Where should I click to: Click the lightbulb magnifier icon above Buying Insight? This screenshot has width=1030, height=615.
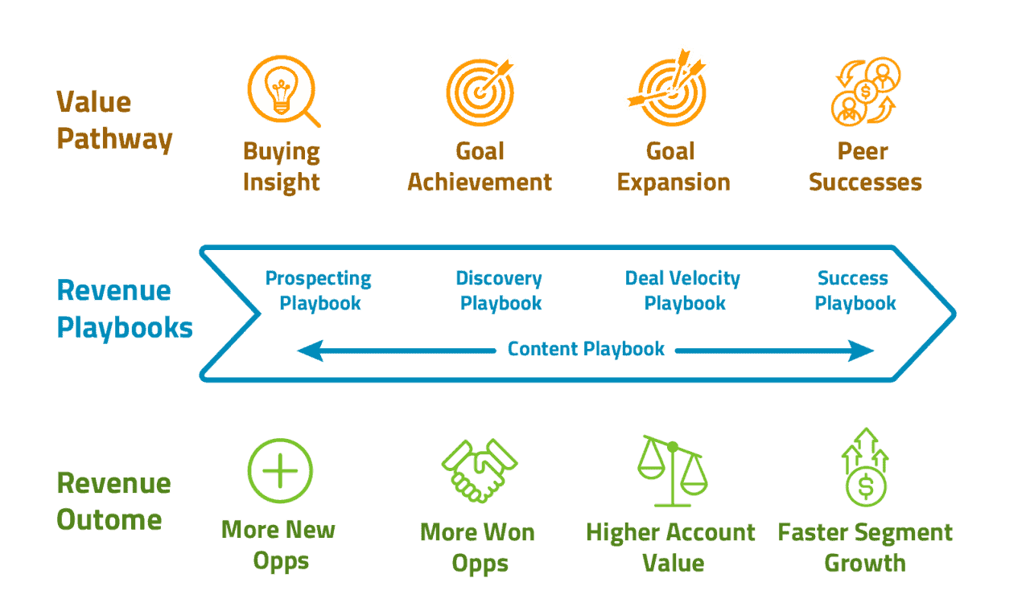[282, 90]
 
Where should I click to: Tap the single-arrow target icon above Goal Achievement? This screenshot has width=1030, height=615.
[480, 91]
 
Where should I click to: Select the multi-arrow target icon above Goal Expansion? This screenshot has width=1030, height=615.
[670, 88]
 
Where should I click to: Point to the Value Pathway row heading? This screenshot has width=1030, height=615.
[114, 121]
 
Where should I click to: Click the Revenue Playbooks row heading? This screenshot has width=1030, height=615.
[124, 309]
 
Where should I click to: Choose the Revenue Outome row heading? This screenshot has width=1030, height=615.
[113, 500]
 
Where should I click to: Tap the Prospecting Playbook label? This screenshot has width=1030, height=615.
[319, 291]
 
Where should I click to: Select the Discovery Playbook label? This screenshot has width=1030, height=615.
[500, 291]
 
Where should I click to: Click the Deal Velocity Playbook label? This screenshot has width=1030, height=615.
[683, 291]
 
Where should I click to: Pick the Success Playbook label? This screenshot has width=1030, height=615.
[855, 291]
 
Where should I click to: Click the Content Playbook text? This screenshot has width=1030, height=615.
[586, 349]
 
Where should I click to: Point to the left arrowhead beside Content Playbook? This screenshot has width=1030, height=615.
[309, 351]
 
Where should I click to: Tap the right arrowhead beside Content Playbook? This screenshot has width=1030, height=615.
[863, 351]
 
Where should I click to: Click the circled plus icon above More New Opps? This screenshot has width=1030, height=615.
[280, 471]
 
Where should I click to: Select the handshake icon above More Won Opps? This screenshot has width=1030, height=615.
[479, 470]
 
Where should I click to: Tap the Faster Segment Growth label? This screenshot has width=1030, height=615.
[865, 547]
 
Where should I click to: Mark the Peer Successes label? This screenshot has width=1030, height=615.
[865, 166]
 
